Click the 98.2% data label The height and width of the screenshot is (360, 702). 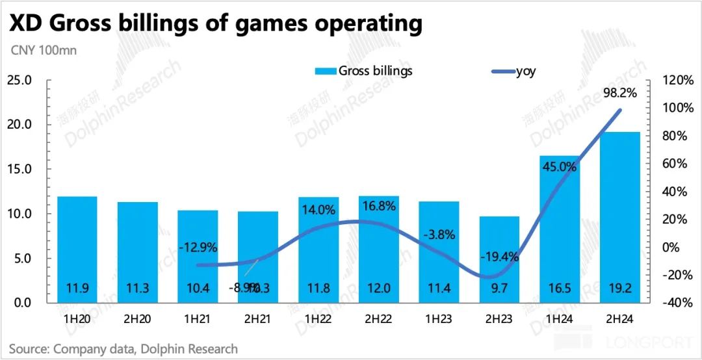coord(619,93)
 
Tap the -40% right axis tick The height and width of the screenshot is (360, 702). coord(677,303)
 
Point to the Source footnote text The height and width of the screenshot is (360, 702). coord(123,349)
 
